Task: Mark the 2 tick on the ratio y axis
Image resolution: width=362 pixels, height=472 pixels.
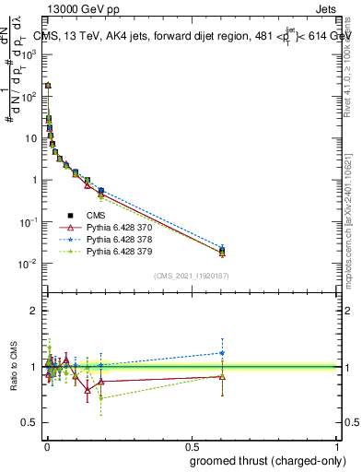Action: [x=35, y=311]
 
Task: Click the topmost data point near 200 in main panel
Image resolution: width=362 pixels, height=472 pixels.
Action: [x=48, y=85]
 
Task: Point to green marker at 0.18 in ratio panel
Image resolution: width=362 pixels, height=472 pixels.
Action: [x=100, y=398]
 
